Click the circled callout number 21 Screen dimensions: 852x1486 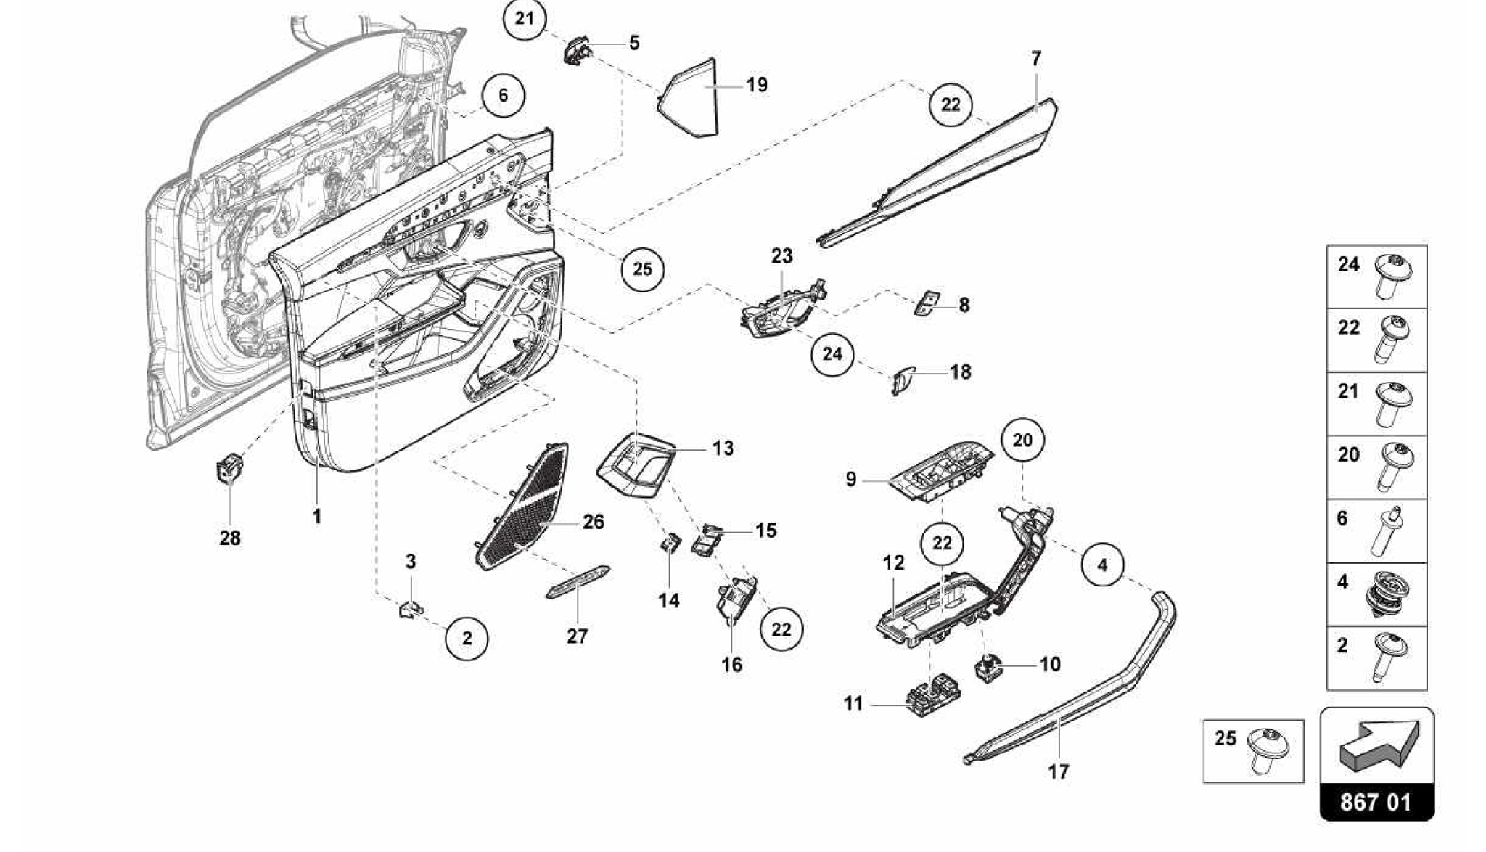pyautogui.click(x=525, y=19)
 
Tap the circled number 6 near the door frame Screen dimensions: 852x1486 pyautogui.click(x=503, y=96)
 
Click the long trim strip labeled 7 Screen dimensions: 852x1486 pyautogui.click(x=943, y=174)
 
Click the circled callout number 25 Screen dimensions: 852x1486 pyautogui.click(x=642, y=269)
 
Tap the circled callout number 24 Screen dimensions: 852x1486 pyautogui.click(x=832, y=353)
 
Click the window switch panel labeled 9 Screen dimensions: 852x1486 pyautogui.click(x=943, y=470)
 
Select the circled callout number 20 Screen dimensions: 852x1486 pyautogui.click(x=1022, y=440)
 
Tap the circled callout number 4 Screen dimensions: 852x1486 pyautogui.click(x=1102, y=565)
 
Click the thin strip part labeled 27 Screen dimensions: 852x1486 pyautogui.click(x=578, y=582)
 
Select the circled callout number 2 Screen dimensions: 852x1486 pyautogui.click(x=467, y=639)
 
